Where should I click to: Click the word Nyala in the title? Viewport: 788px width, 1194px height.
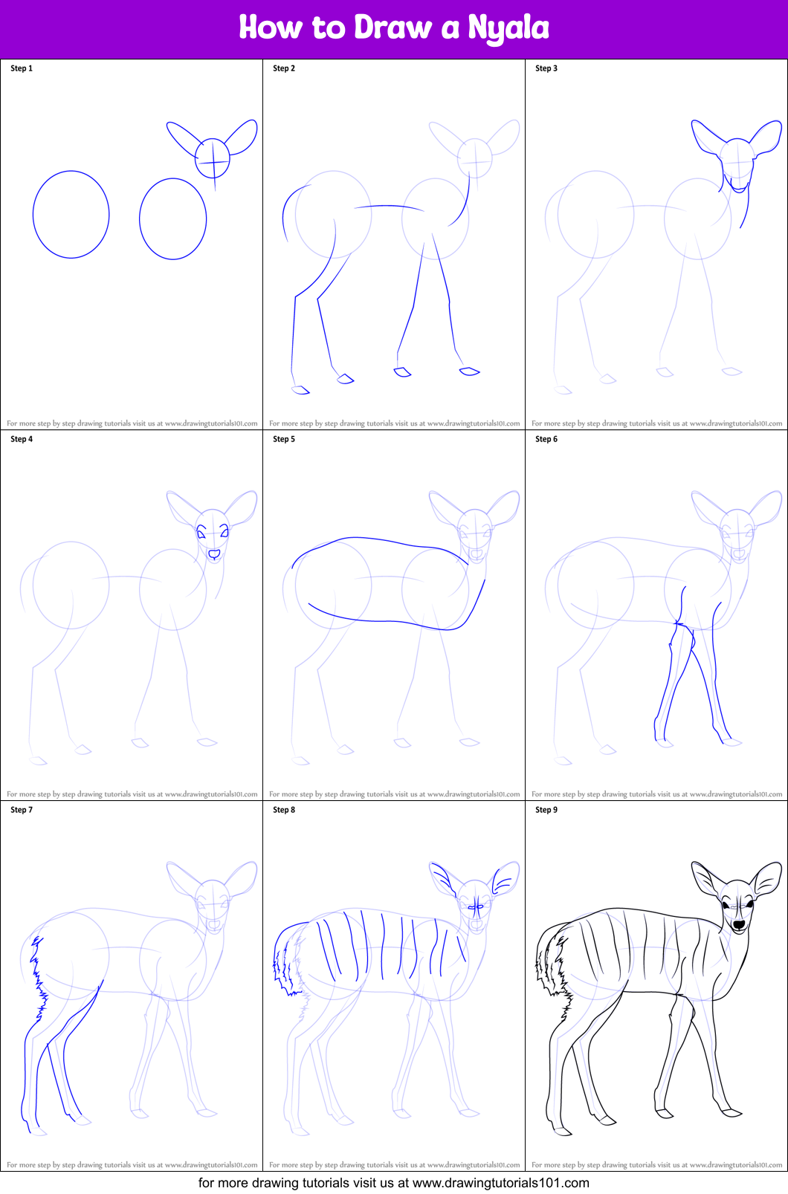[508, 28]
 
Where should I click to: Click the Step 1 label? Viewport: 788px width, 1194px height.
[22, 68]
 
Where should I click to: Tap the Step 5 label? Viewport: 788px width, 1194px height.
[284, 439]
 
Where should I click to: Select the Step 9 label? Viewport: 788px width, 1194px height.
[546, 810]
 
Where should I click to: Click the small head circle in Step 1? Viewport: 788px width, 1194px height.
[213, 158]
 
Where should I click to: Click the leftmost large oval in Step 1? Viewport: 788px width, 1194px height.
[71, 215]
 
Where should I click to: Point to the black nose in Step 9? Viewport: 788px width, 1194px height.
[739, 924]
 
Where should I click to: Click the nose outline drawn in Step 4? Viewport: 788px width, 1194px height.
[214, 554]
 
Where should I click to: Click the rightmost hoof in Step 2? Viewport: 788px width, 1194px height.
[470, 371]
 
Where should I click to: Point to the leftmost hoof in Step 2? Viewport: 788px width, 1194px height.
[300, 389]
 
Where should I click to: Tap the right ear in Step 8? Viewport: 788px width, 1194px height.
[505, 879]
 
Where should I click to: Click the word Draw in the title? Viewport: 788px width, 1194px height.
[393, 28]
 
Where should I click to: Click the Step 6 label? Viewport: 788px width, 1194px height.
[546, 439]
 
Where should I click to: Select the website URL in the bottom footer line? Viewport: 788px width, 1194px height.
[501, 1183]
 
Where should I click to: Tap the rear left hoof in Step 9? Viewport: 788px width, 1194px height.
[563, 1132]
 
